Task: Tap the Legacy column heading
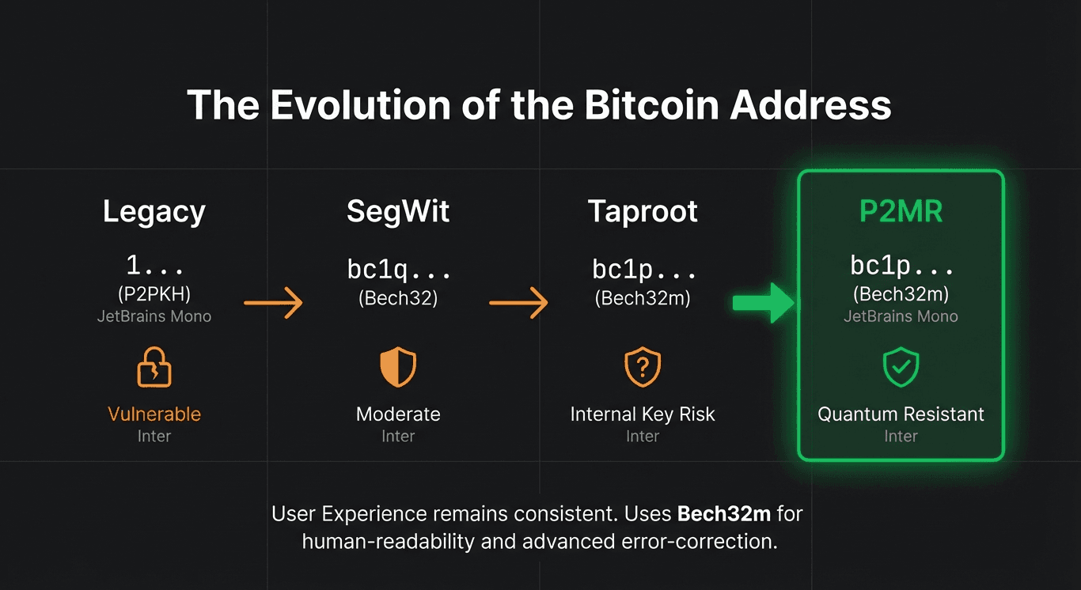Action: (x=154, y=212)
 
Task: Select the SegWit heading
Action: (x=398, y=212)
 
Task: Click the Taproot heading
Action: (x=643, y=212)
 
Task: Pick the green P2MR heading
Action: (x=901, y=212)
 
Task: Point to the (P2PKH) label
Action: (x=154, y=294)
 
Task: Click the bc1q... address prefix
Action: (x=399, y=270)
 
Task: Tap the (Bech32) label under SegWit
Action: (x=398, y=299)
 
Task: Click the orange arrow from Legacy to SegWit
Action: (x=273, y=302)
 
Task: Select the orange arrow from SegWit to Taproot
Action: (x=519, y=302)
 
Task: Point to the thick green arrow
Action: (x=763, y=302)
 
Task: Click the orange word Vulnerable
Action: (x=154, y=414)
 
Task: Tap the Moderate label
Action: (x=398, y=414)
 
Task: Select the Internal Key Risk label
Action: (x=643, y=414)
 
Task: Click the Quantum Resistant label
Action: (x=901, y=414)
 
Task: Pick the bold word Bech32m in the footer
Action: (x=723, y=514)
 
